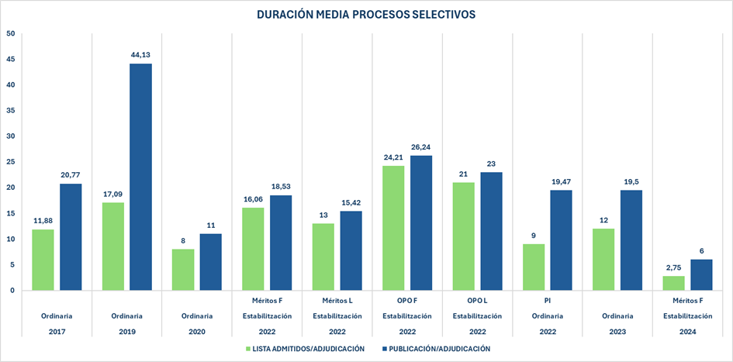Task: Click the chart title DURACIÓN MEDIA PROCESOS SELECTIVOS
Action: pyautogui.click(x=366, y=15)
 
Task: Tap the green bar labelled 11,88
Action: pyautogui.click(x=43, y=260)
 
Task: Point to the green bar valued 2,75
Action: pyautogui.click(x=673, y=283)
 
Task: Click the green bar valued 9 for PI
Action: pyautogui.click(x=534, y=267)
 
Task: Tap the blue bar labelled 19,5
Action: pyautogui.click(x=631, y=240)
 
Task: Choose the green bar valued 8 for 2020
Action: pyautogui.click(x=183, y=269)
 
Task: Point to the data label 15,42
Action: pyautogui.click(x=351, y=203)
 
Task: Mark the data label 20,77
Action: pyautogui.click(x=71, y=176)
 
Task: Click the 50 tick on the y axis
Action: pyautogui.click(x=10, y=34)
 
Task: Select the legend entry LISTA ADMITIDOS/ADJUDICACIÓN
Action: pyautogui.click(x=304, y=349)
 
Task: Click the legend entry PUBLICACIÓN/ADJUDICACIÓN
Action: pyautogui.click(x=440, y=349)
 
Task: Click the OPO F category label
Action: pyautogui.click(x=407, y=298)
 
